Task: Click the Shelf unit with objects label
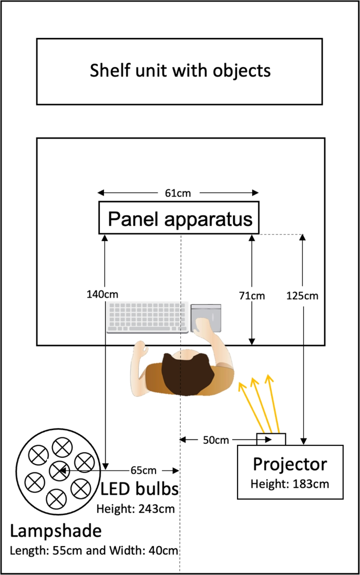[x=180, y=70]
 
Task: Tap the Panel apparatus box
[x=179, y=219]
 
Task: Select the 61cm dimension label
[x=178, y=193]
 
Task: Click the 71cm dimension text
[x=252, y=296]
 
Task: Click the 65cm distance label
[x=143, y=469]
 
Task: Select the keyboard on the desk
[x=148, y=317]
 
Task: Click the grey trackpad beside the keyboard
[x=206, y=317]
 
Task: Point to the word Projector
[x=290, y=464]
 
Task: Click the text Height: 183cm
[x=290, y=484]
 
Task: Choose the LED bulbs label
[x=140, y=489]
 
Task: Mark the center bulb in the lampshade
[x=57, y=470]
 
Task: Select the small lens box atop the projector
[x=271, y=439]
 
